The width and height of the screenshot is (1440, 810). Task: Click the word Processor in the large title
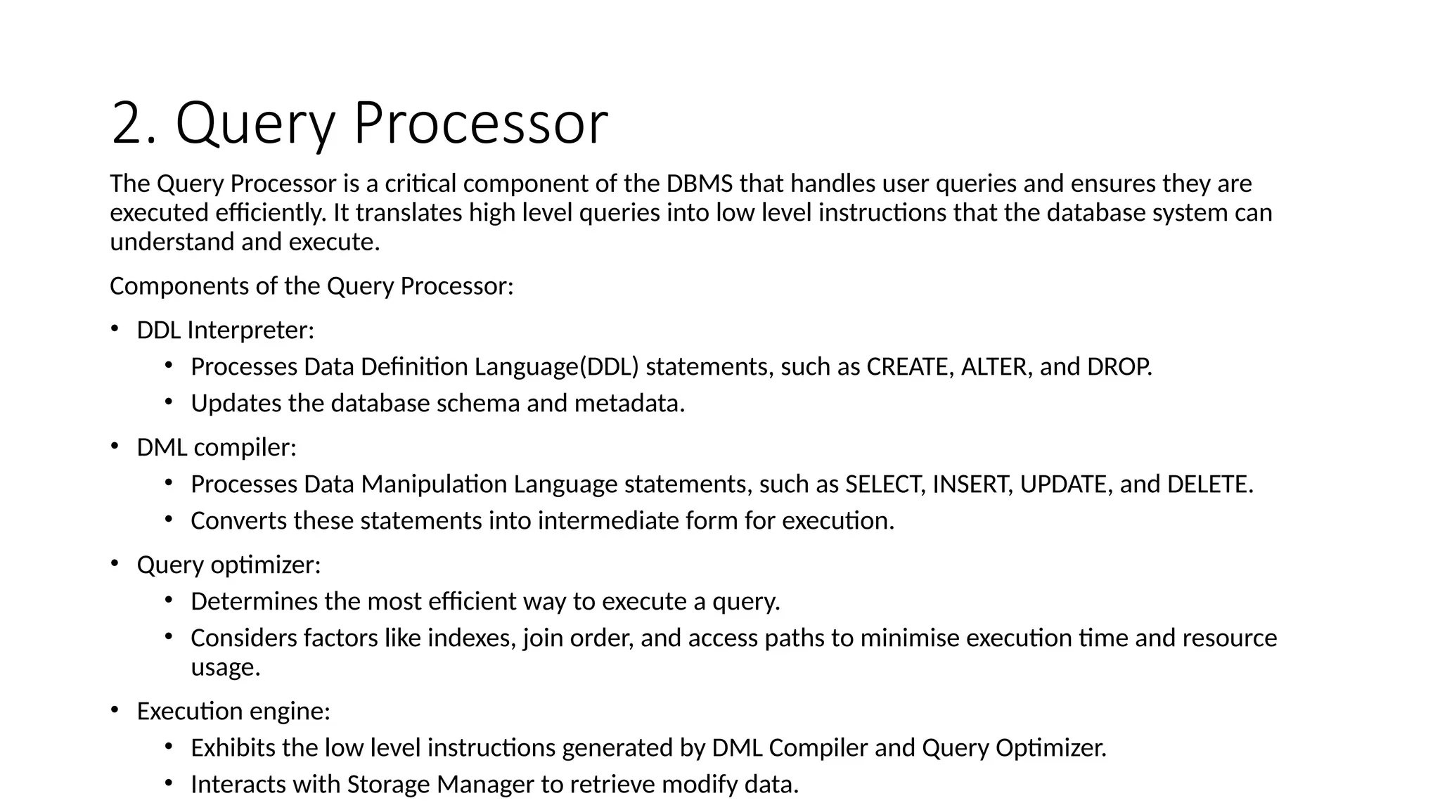pyautogui.click(x=480, y=124)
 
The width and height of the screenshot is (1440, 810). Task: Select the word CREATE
pyautogui.click(x=907, y=367)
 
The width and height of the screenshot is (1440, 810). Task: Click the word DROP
pyautogui.click(x=1118, y=367)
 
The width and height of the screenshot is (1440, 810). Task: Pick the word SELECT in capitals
pyautogui.click(x=883, y=484)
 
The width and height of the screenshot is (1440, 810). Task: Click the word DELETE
pyautogui.click(x=1208, y=484)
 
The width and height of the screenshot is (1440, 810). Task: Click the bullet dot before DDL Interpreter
pyautogui.click(x=115, y=328)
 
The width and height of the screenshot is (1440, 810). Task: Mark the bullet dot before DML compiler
pyautogui.click(x=115, y=446)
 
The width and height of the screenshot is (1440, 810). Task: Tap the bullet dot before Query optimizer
pyautogui.click(x=115, y=563)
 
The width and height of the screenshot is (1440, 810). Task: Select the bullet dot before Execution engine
pyautogui.click(x=115, y=709)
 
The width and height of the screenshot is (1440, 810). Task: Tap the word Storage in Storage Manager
pyautogui.click(x=389, y=785)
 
